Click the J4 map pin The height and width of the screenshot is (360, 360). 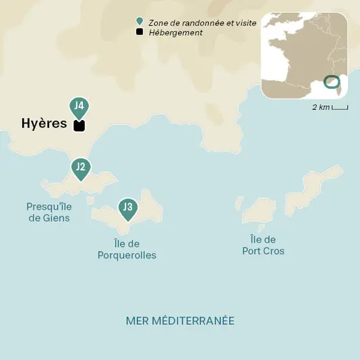point(79,106)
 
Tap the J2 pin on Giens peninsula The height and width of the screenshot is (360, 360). point(80,167)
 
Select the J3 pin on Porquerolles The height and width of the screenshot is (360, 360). point(127,207)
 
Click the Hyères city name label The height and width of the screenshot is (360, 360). point(44,124)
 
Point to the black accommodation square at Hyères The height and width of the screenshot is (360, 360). point(79,125)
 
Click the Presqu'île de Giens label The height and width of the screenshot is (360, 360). point(49,212)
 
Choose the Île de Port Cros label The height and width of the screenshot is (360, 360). point(263,245)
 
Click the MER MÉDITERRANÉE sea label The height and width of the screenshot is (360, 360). point(180,320)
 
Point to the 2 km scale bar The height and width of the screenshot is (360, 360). point(340,107)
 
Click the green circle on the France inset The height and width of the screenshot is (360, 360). point(331,82)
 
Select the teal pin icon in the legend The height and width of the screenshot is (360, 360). point(139,22)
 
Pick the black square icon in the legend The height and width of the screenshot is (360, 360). point(139,32)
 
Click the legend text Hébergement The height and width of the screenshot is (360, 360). point(175,32)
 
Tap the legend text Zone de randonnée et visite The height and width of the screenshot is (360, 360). point(193,22)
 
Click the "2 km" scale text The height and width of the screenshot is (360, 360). point(320,108)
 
